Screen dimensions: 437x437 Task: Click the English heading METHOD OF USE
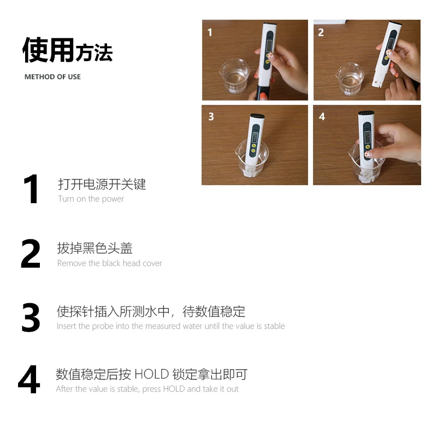point(52,77)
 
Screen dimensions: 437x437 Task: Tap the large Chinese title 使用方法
point(67,50)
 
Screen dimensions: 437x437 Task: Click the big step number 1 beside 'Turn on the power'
point(31,189)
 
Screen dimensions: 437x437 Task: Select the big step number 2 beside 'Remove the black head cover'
point(31,253)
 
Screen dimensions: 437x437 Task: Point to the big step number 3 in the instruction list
point(31,317)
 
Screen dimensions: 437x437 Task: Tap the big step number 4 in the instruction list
point(29,379)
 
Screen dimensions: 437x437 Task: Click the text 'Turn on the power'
point(91,199)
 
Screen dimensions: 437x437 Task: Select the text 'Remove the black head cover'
point(110,263)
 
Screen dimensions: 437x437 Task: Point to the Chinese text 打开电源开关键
point(102,184)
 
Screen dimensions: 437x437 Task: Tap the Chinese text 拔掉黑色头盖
point(95,248)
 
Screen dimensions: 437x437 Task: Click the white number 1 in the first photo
point(210,33)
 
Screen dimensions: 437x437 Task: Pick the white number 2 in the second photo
point(321,33)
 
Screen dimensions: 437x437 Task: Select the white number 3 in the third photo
point(211,116)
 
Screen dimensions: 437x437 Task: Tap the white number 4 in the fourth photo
point(322,116)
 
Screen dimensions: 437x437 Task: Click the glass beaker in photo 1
point(234,76)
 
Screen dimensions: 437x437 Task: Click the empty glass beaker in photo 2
point(350,79)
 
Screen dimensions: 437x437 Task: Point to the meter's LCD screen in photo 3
point(255,137)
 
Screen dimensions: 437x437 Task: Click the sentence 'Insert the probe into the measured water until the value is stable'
point(170,326)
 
